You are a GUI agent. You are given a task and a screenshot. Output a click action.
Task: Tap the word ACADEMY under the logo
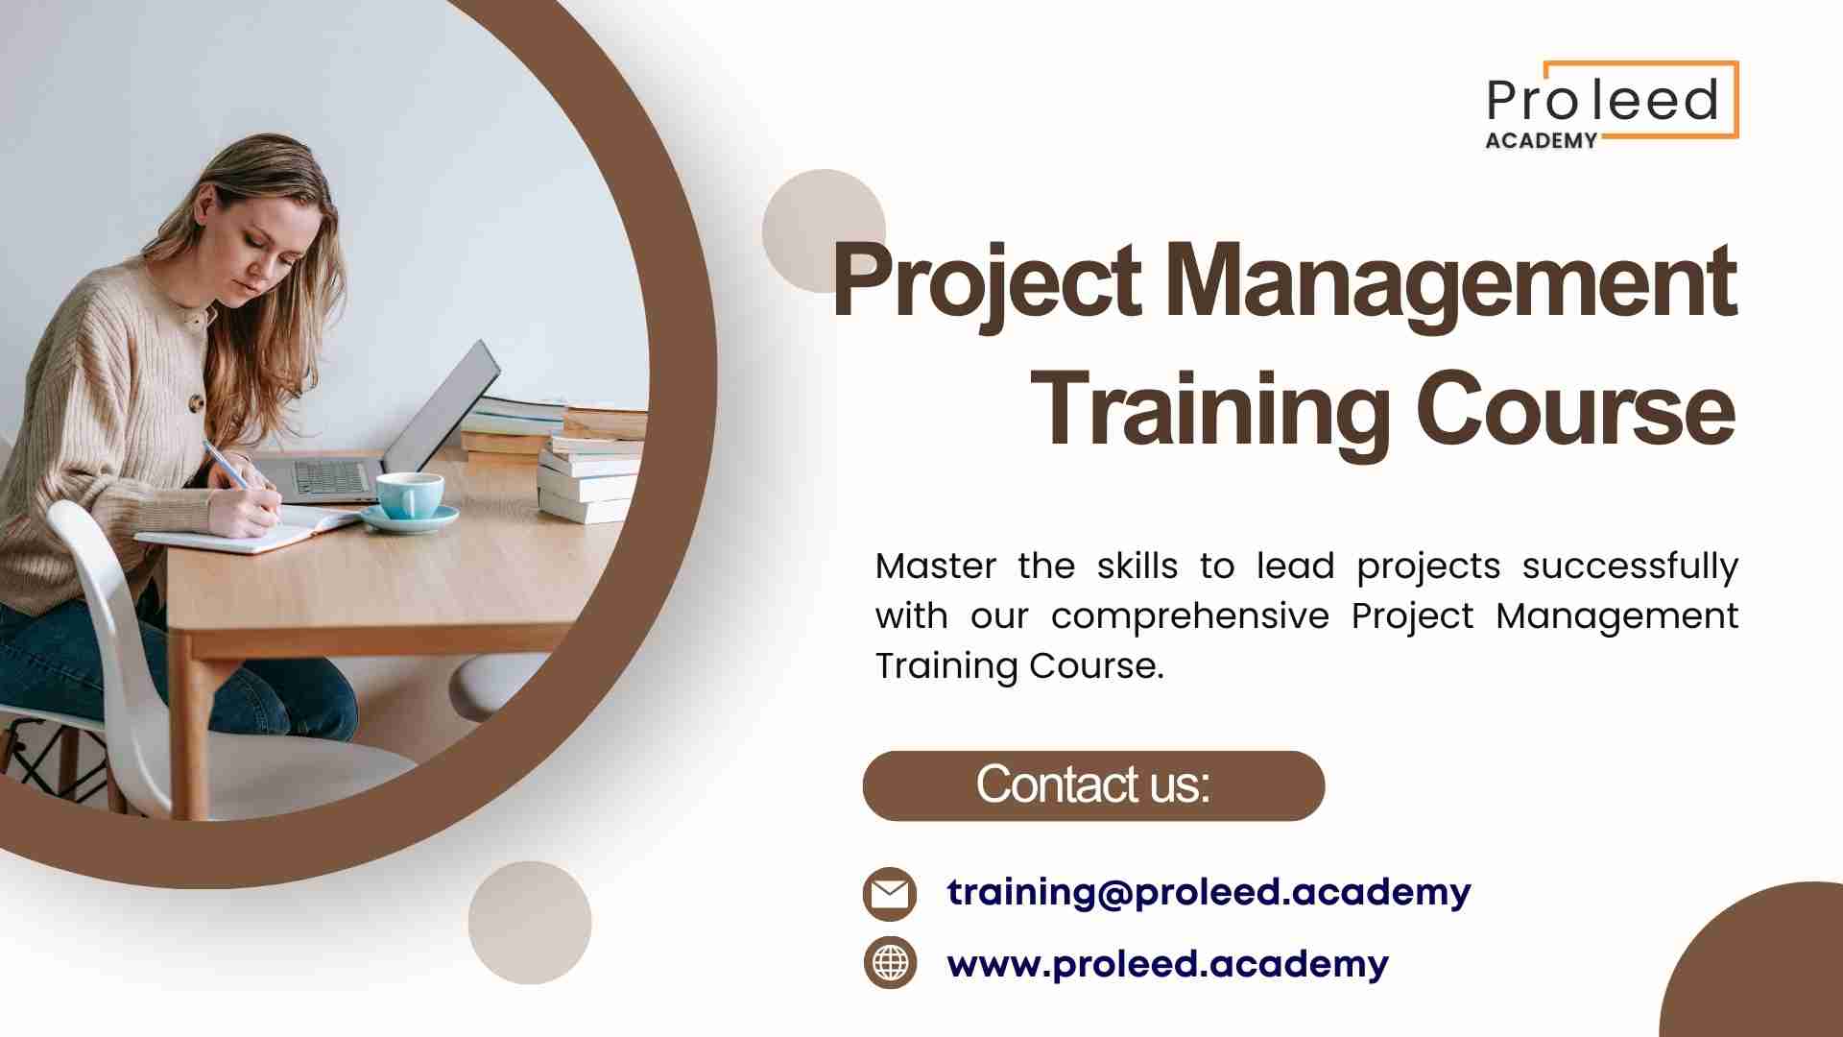[1542, 140]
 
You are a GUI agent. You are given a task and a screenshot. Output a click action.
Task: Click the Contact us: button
[1093, 785]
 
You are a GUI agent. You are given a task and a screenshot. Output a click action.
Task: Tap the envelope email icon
[890, 894]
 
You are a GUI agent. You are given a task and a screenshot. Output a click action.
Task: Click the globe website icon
[890, 963]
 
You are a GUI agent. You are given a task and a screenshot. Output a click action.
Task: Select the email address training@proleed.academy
[1209, 892]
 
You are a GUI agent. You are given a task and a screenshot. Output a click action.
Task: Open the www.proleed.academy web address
[1167, 963]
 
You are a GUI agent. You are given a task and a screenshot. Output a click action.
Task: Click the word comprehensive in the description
[1190, 615]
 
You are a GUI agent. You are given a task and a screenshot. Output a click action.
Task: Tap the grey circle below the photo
[530, 923]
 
